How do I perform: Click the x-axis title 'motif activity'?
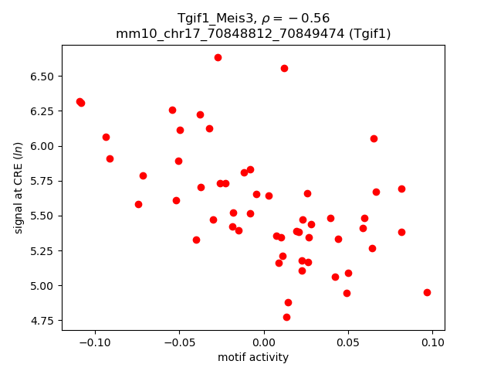[x=253, y=357]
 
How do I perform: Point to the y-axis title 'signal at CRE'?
[x=19, y=186]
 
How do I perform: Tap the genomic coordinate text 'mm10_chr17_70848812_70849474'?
[x=224, y=33]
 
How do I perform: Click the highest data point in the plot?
[x=218, y=57]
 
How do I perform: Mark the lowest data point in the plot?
[x=286, y=317]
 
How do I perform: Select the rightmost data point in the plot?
[x=427, y=292]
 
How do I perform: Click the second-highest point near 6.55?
[x=284, y=68]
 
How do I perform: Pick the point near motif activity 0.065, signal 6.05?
[x=374, y=138]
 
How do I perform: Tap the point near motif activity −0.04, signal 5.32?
[x=196, y=240]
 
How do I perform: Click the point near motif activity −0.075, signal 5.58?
[x=138, y=204]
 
